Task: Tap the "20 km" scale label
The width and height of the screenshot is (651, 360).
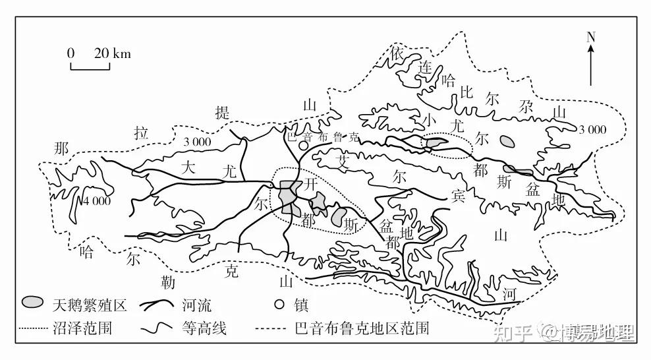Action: click(112, 53)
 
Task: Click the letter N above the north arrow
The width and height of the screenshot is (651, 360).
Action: click(591, 37)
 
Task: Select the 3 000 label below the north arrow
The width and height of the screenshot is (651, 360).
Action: click(592, 129)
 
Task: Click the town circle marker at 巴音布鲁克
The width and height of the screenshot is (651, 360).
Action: click(302, 145)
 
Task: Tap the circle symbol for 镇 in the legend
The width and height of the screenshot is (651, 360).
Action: click(279, 305)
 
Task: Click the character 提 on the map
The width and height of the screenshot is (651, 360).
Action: click(223, 113)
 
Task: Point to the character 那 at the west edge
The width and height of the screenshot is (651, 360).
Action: click(61, 148)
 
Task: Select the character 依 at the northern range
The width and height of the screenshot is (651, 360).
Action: click(396, 51)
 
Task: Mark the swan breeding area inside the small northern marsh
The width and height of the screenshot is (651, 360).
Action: click(434, 142)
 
